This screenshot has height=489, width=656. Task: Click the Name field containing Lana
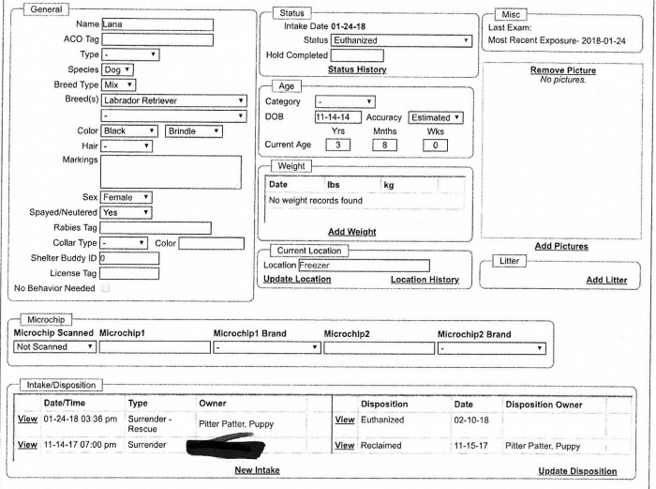(157, 24)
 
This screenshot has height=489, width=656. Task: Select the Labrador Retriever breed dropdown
(173, 100)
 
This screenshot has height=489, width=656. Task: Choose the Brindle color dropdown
(194, 130)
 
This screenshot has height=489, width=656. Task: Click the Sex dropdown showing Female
(127, 198)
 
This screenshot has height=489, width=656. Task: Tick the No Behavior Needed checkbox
(105, 288)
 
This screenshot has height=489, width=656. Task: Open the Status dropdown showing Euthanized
(401, 41)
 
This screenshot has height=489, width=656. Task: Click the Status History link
(357, 69)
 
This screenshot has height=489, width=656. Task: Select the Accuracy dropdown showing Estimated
(437, 117)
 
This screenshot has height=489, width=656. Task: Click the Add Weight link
(351, 232)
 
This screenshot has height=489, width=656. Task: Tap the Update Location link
(296, 280)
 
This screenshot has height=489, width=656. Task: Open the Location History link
(425, 280)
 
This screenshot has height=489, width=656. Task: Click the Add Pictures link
(561, 246)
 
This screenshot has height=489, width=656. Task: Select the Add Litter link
(606, 280)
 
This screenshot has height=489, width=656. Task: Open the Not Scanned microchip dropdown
(55, 347)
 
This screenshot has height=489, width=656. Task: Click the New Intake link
(256, 469)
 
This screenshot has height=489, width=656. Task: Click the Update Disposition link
(577, 470)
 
